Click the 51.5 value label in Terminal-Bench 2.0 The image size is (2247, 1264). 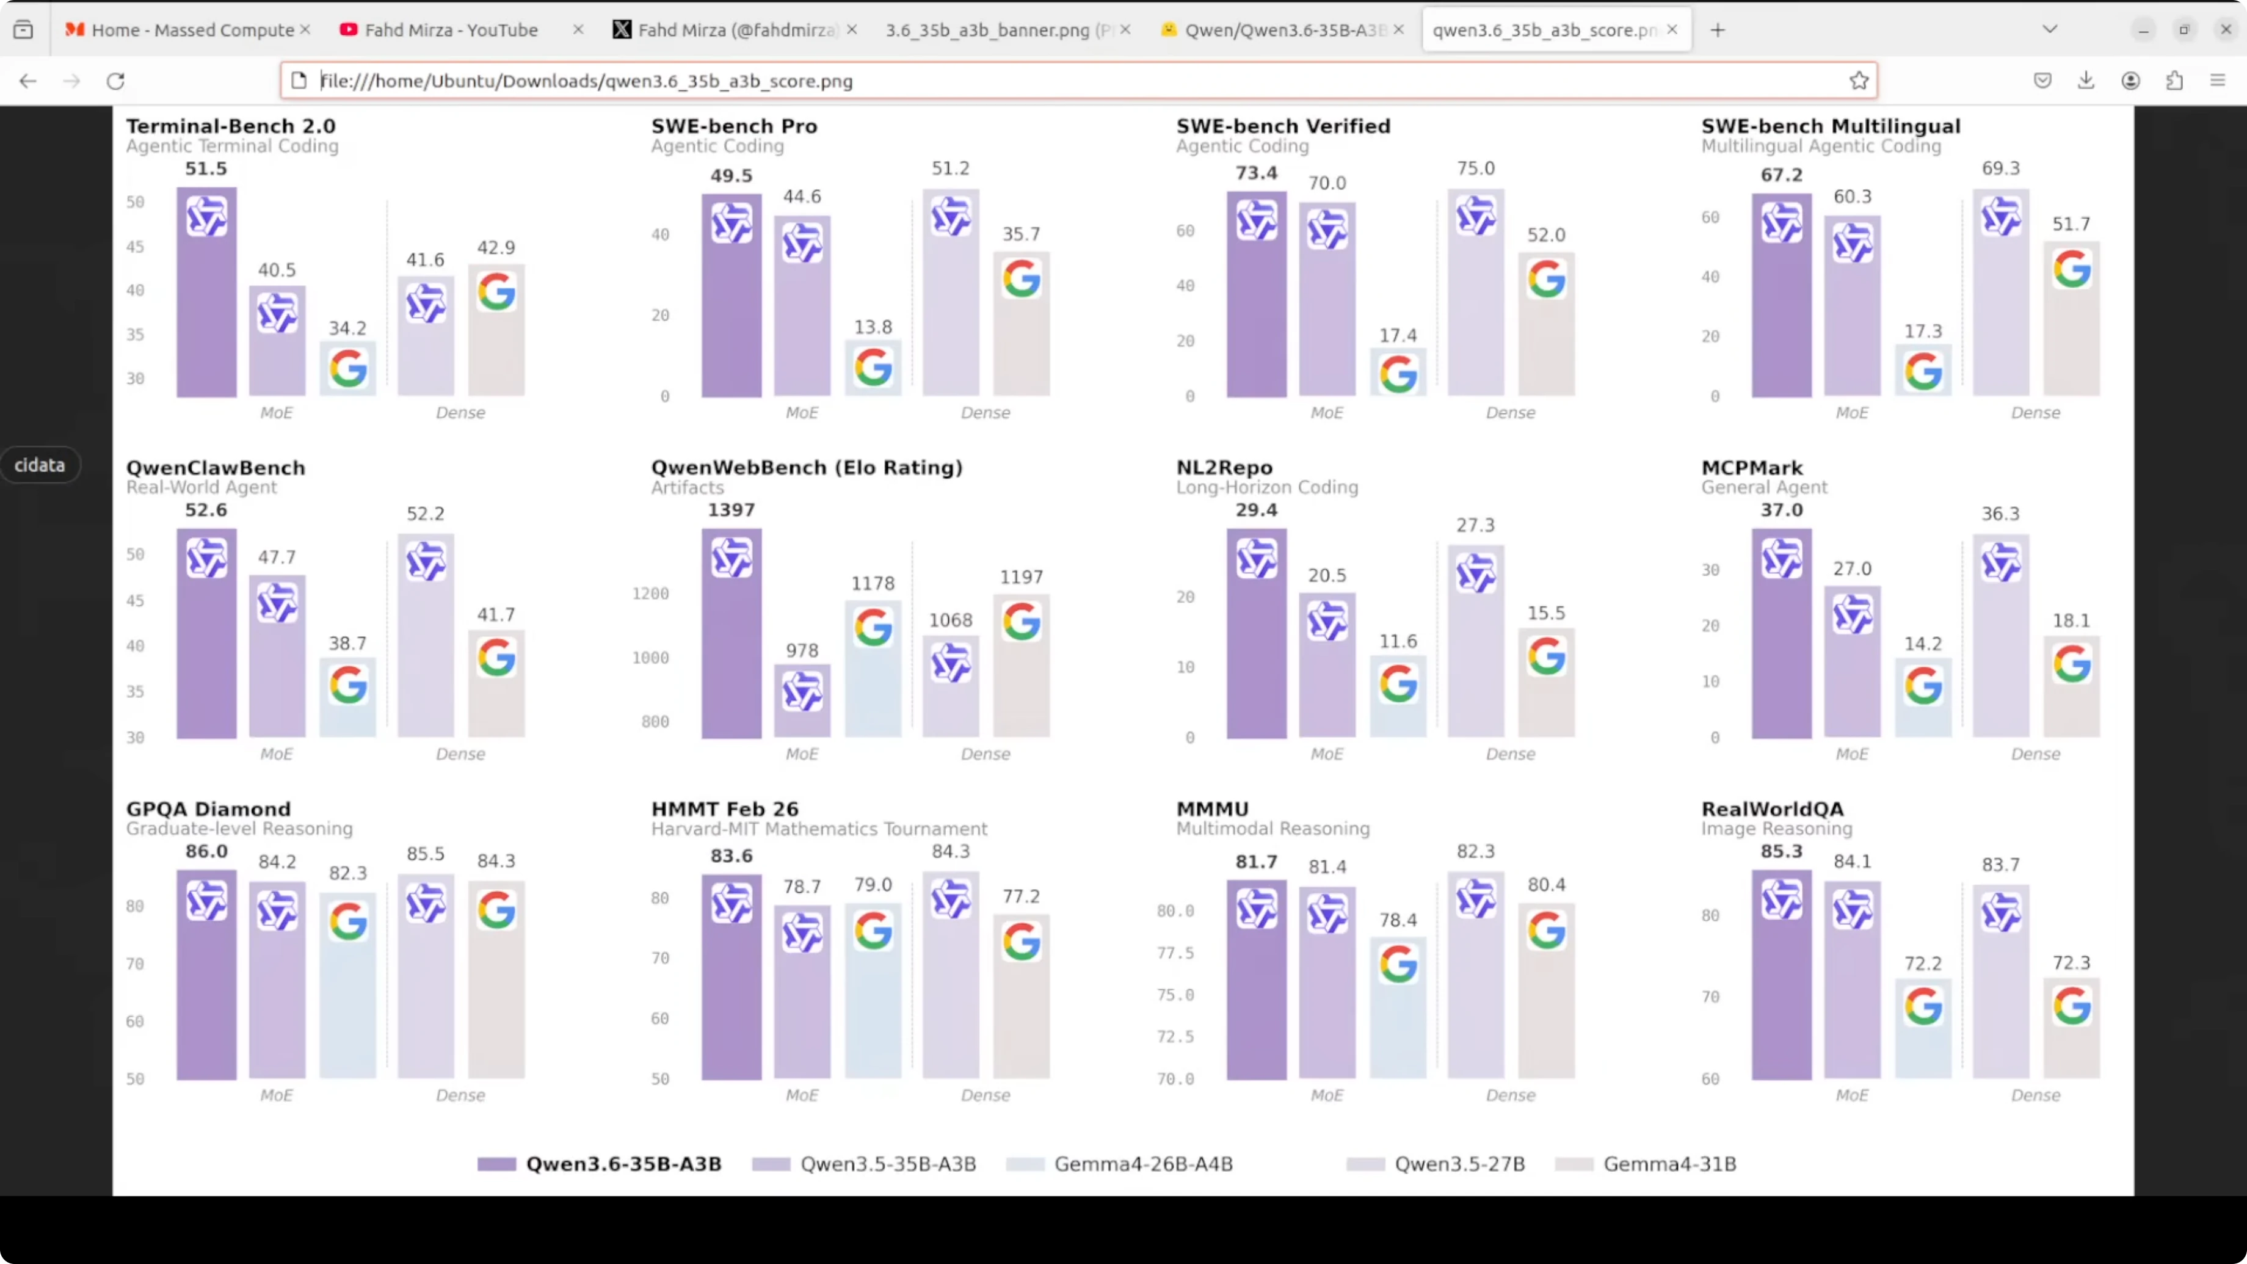point(206,169)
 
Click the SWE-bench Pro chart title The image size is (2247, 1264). point(733,126)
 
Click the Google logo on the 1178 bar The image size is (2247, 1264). point(873,627)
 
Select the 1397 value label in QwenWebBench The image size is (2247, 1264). point(731,509)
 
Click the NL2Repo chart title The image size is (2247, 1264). point(1224,468)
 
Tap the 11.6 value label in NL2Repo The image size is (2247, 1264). point(1398,641)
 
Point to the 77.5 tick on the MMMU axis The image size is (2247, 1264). point(1175,953)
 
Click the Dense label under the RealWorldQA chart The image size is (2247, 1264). point(2035,1095)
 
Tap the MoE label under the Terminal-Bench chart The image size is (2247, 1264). point(277,413)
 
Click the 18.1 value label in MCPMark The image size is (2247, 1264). point(2071,620)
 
